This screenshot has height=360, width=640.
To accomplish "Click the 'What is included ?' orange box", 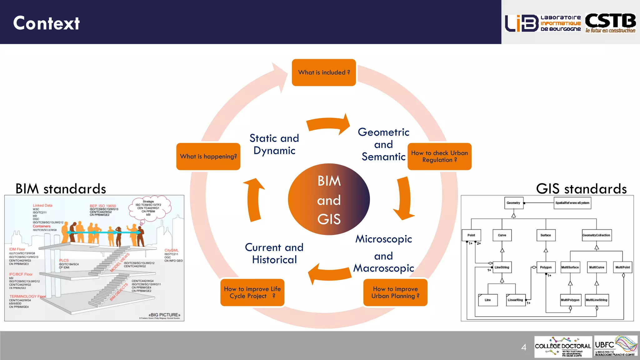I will [x=324, y=72].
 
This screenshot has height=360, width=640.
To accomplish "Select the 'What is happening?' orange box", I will [x=208, y=157].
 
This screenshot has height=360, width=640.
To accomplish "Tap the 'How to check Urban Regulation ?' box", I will [x=439, y=157].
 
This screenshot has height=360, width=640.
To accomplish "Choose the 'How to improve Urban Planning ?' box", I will [x=395, y=292].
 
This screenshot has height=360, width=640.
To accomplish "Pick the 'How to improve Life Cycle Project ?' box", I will [x=252, y=292].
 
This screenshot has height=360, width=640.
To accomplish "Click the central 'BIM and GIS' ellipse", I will [x=329, y=199].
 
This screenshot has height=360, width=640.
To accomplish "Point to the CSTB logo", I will [x=610, y=23].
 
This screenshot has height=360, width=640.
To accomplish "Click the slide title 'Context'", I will [x=46, y=23].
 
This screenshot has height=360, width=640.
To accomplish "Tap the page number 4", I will [x=524, y=347].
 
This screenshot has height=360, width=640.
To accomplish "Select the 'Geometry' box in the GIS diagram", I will [x=513, y=203].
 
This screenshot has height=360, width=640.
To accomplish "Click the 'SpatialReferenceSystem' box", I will [x=572, y=203].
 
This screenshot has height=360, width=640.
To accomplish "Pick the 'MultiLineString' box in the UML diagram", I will [x=596, y=300].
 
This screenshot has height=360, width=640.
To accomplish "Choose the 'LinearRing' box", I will [x=515, y=300].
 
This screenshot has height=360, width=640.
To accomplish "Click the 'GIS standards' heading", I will [x=581, y=189].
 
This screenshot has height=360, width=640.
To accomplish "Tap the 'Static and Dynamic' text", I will [x=274, y=144].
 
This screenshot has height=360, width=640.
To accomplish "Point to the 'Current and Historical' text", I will [x=274, y=253].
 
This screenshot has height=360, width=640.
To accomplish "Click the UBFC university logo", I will [x=615, y=346].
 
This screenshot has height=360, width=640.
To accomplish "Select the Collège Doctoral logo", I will [x=563, y=347].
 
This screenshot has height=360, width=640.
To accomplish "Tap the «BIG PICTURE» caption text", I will [x=164, y=315].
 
